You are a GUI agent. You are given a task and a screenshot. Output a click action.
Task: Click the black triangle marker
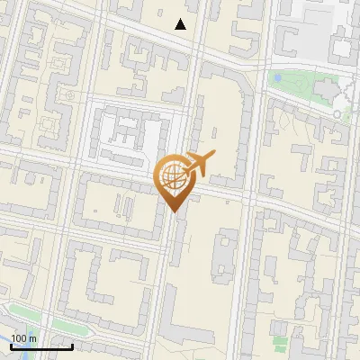(x=181, y=24)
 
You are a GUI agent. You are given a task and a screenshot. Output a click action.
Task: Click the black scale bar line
(x=41, y=346)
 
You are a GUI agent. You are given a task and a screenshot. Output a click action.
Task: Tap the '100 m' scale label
(x=24, y=338)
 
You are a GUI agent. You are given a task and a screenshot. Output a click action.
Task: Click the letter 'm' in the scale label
(x=33, y=338)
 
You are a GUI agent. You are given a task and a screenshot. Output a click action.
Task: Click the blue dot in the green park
(x=277, y=79)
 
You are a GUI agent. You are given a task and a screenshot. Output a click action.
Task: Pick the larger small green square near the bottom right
(x=282, y=343)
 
